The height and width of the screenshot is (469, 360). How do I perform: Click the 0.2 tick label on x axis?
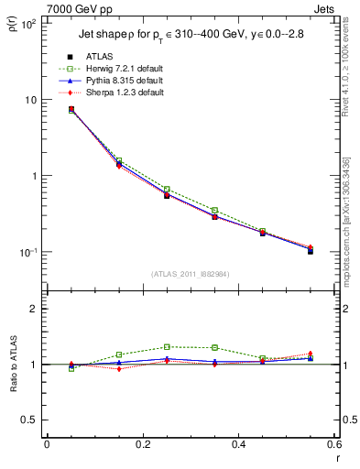coord(142,444)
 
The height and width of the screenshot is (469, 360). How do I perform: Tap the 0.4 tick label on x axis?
coord(238,444)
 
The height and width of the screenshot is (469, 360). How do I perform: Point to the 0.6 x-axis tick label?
coord(333,444)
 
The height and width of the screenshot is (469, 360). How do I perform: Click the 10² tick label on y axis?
coord(27,24)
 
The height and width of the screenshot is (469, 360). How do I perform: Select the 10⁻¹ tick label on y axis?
coord(27,252)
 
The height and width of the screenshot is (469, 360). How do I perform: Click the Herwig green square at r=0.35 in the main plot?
coord(214,211)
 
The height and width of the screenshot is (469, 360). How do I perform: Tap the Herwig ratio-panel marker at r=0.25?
coord(167,347)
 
